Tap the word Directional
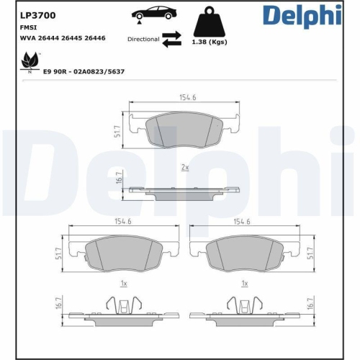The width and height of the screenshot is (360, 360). tap(143, 39)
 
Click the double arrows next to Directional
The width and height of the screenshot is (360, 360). tap(171, 39)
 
